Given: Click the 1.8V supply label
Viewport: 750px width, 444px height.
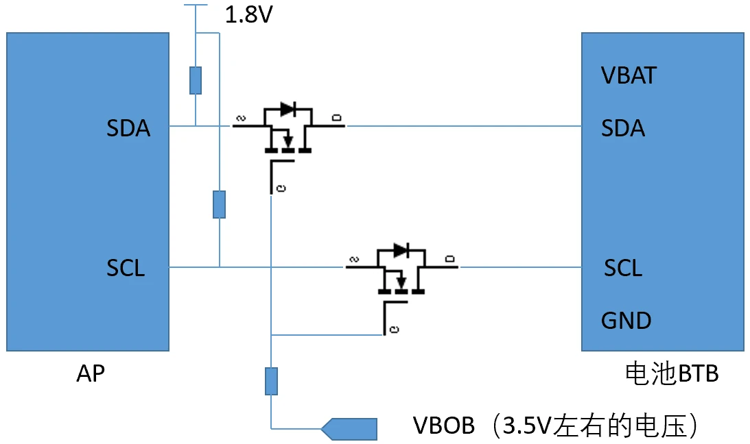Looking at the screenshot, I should [x=248, y=14].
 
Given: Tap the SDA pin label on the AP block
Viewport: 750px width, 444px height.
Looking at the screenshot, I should [x=128, y=128].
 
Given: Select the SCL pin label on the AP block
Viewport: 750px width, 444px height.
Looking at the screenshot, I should [x=126, y=268].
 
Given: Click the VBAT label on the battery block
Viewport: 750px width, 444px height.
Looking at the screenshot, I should [x=629, y=75].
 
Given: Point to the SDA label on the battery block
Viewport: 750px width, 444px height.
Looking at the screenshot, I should [x=623, y=128].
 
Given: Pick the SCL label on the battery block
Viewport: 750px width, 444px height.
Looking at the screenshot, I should [x=623, y=268].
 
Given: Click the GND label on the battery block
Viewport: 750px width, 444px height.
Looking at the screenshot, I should [x=626, y=320].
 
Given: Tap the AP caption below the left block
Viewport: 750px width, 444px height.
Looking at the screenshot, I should [x=91, y=373].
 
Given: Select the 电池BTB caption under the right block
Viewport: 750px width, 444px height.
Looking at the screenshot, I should [x=672, y=373].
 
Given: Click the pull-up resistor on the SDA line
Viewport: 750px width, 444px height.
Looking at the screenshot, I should [x=196, y=80].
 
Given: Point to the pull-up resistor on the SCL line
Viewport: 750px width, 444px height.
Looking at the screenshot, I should [x=219, y=204].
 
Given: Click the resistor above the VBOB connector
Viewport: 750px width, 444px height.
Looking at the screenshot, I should [x=272, y=381].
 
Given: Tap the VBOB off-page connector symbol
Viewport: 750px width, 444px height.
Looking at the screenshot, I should [x=350, y=429].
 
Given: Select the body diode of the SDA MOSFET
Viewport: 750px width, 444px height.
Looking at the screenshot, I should [x=288, y=108].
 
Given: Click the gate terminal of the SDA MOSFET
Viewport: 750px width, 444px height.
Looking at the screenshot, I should [x=279, y=185].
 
